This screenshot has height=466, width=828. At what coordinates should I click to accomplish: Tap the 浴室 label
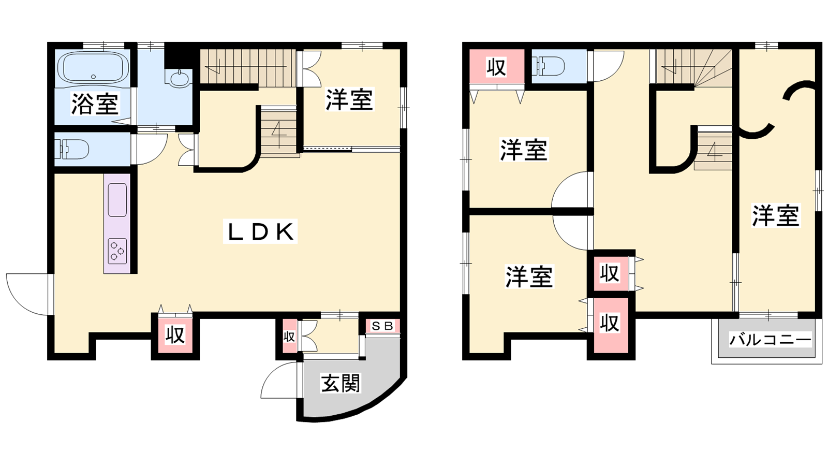(95, 104)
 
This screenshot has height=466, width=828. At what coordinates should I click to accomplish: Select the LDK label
(261, 231)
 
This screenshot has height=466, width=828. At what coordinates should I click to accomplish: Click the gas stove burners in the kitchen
(117, 251)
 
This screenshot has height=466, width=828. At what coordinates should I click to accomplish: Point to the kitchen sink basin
(117, 199)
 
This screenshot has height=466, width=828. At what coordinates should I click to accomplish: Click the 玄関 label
(340, 384)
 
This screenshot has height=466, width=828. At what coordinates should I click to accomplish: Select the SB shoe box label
(383, 326)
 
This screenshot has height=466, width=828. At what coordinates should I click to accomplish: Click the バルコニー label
(770, 340)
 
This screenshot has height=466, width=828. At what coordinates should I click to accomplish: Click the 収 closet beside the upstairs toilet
(496, 67)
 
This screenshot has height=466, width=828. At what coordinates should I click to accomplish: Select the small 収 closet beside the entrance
(289, 337)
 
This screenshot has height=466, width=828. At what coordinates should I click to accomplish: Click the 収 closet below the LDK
(175, 335)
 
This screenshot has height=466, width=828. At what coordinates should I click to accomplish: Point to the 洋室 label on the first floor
(349, 99)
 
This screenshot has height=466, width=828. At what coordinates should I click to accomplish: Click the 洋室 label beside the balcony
(776, 215)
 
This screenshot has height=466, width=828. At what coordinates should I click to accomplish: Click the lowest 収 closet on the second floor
(610, 323)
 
